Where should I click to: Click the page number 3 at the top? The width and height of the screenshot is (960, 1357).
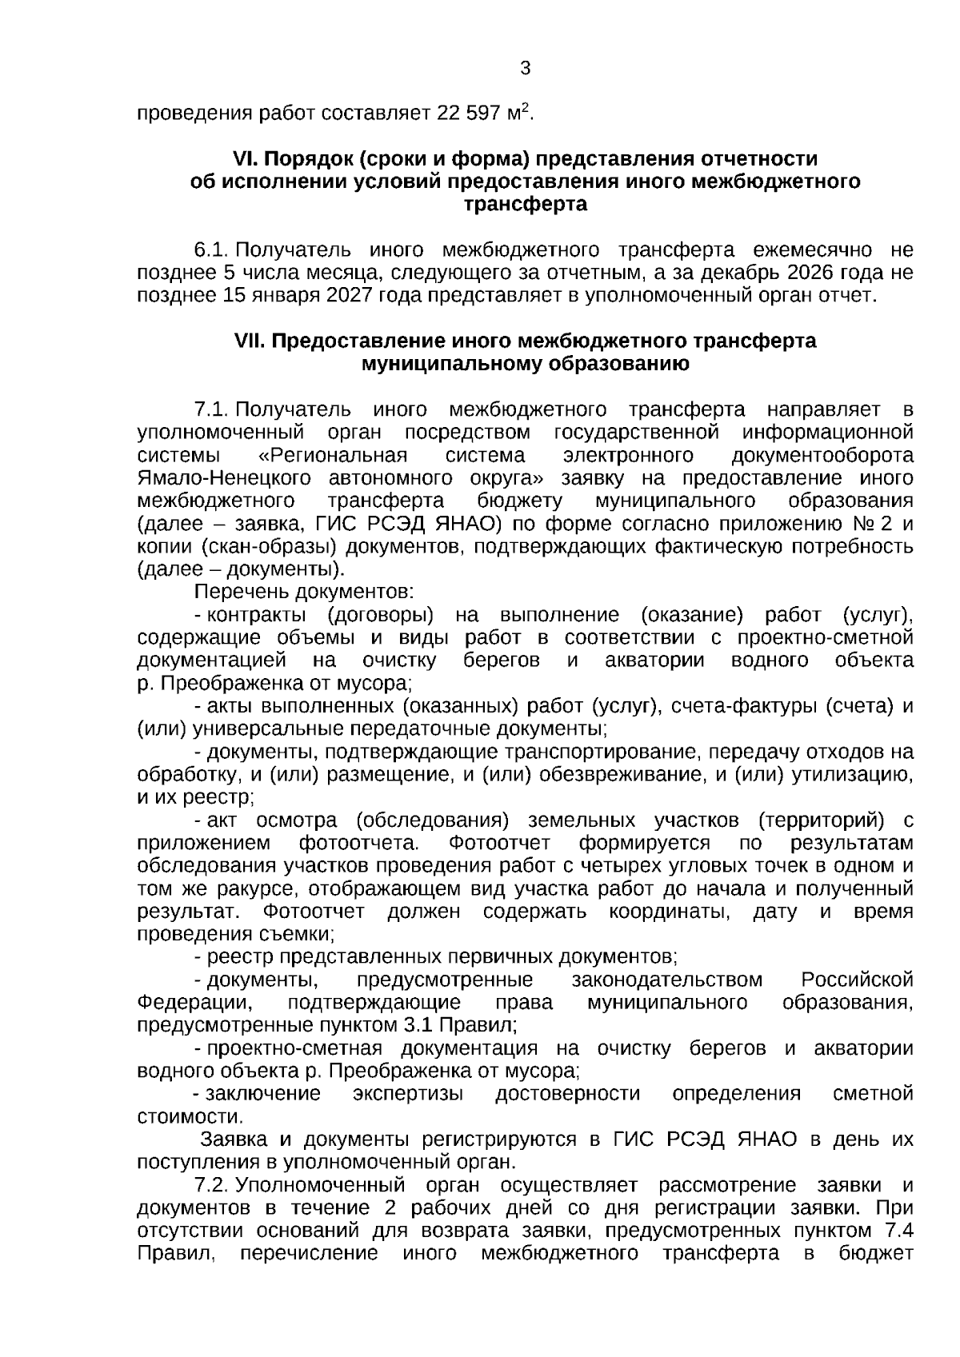coord(526,69)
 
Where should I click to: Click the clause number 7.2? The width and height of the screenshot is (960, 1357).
coord(213,1185)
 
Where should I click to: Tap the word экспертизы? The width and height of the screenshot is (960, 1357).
coord(408,1094)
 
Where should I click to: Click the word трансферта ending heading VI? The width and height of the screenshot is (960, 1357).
coord(526,205)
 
